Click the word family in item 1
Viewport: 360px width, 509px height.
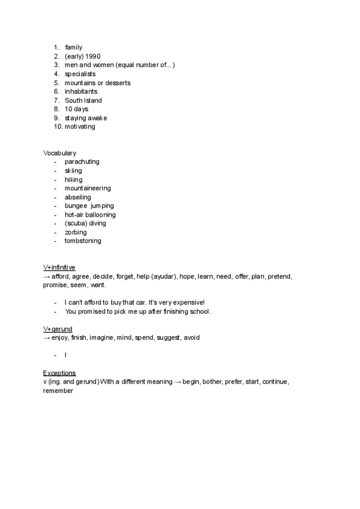pos(73,47)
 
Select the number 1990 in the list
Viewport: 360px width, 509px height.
pos(101,56)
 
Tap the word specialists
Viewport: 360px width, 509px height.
pos(80,74)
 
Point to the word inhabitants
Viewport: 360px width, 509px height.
pos(81,92)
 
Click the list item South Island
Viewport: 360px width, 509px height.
pos(83,100)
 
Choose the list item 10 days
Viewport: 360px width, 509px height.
pos(76,109)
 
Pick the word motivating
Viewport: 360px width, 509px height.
pos(80,127)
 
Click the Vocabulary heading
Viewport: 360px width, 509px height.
pos(59,153)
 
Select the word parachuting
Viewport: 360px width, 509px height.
pos(82,162)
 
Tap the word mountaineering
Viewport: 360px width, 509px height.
pos(88,188)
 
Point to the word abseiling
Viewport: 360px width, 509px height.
pos(78,197)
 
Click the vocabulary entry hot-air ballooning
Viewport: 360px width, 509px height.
pos(90,214)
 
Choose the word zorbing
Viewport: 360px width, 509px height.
pos(76,232)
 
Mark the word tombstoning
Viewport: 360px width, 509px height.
pos(83,241)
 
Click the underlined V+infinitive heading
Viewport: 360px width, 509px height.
pos(59,267)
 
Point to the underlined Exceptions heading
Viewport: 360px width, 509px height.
pos(59,373)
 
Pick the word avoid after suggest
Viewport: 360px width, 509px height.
pos(191,338)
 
